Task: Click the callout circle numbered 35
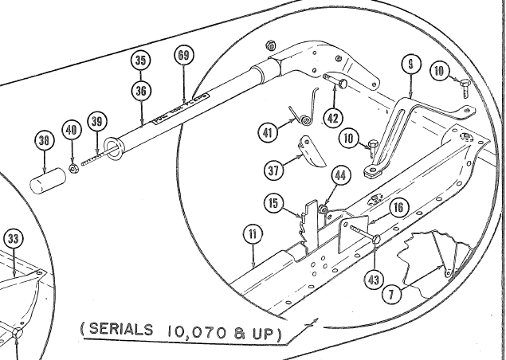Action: [x=141, y=61]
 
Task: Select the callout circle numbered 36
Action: [x=141, y=91]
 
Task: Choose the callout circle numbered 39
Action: [x=96, y=121]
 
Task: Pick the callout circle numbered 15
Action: [x=273, y=205]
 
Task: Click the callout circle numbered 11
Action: [x=252, y=234]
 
